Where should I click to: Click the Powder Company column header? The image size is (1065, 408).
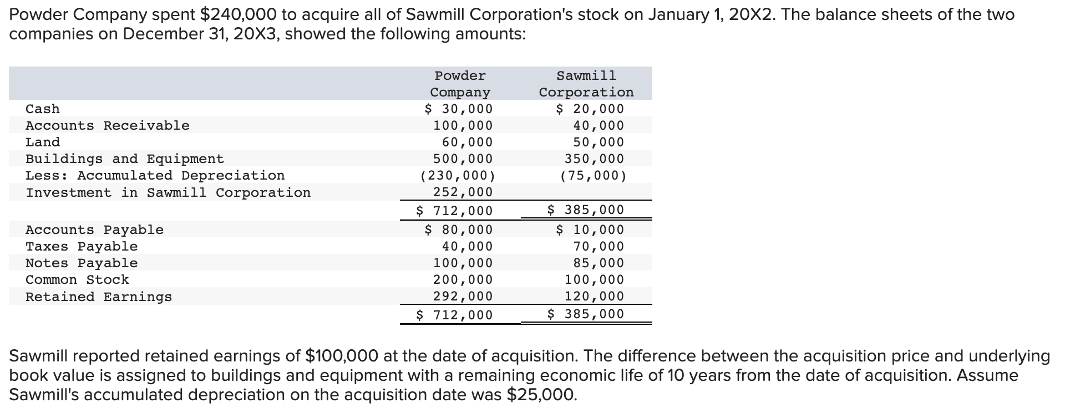[460, 84]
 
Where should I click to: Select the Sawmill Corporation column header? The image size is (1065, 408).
[586, 84]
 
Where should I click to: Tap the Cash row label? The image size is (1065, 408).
[43, 109]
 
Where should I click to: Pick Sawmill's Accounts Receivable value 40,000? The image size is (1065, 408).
[599, 125]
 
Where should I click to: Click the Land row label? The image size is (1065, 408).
[43, 142]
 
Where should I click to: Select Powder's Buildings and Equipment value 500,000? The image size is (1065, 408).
[463, 159]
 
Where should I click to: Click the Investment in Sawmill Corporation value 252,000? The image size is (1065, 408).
[463, 192]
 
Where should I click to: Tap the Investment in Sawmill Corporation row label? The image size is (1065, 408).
[168, 192]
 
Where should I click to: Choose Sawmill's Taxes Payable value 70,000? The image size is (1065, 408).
[599, 246]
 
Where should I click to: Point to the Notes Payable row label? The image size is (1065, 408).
[82, 263]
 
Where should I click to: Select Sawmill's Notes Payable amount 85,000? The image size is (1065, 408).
[599, 263]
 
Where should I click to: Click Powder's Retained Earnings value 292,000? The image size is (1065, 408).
[463, 296]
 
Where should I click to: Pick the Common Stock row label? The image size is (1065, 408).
[77, 279]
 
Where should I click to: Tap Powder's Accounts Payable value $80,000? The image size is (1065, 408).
[459, 229]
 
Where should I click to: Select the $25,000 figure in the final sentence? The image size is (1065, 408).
[541, 395]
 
